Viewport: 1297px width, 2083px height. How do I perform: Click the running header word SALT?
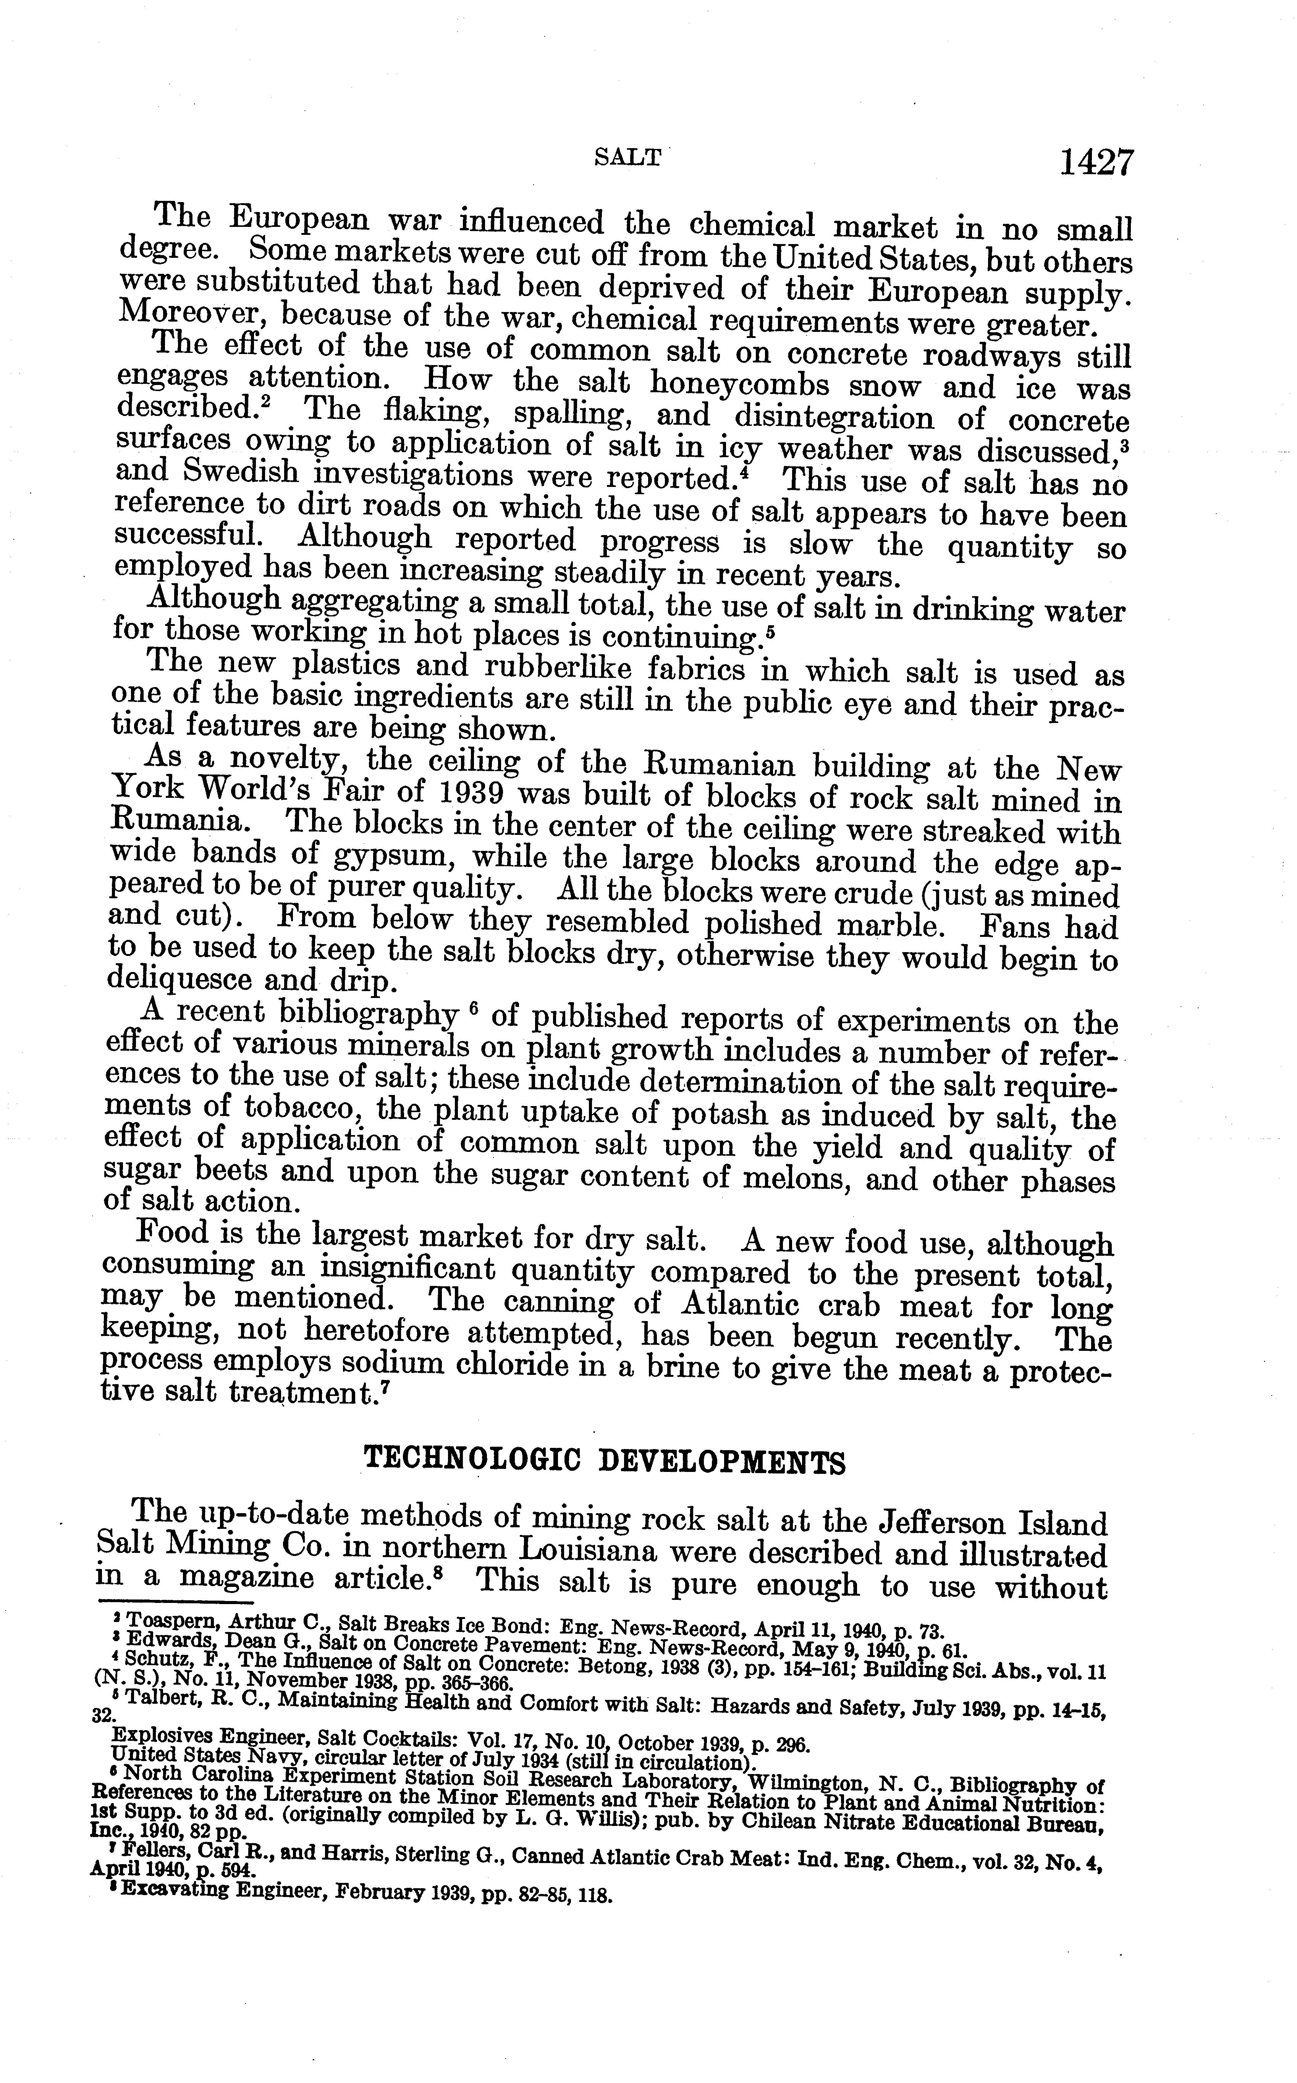coord(628,157)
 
